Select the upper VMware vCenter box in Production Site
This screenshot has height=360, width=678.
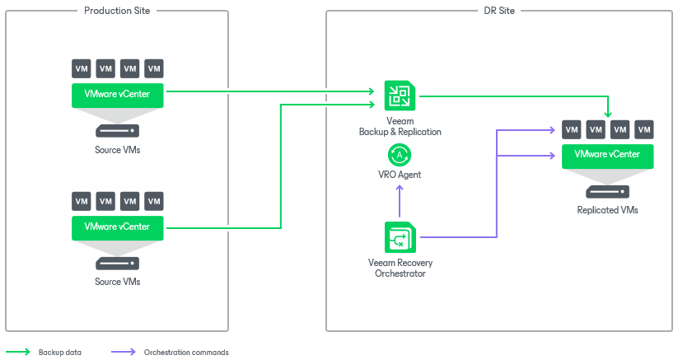pyautogui.click(x=117, y=95)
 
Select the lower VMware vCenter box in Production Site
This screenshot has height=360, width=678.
pyautogui.click(x=117, y=227)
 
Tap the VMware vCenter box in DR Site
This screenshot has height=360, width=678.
pyautogui.click(x=607, y=155)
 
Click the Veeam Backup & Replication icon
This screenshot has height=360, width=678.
pyautogui.click(x=400, y=96)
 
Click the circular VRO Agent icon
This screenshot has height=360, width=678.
pyautogui.click(x=400, y=155)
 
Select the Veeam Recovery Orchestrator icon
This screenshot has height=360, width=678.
pyautogui.click(x=400, y=238)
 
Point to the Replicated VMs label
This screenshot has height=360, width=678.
pyautogui.click(x=607, y=210)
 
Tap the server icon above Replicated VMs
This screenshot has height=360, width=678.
pyautogui.click(x=607, y=192)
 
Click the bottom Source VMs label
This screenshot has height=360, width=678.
pyautogui.click(x=117, y=282)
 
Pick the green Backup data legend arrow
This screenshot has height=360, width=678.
pyautogui.click(x=18, y=352)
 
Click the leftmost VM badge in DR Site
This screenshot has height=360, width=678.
pyautogui.click(x=571, y=129)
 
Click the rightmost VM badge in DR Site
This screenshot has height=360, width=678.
pyautogui.click(x=643, y=129)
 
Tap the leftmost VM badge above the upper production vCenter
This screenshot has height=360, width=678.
pyautogui.click(x=81, y=68)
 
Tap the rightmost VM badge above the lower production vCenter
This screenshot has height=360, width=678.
pyautogui.click(x=153, y=201)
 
